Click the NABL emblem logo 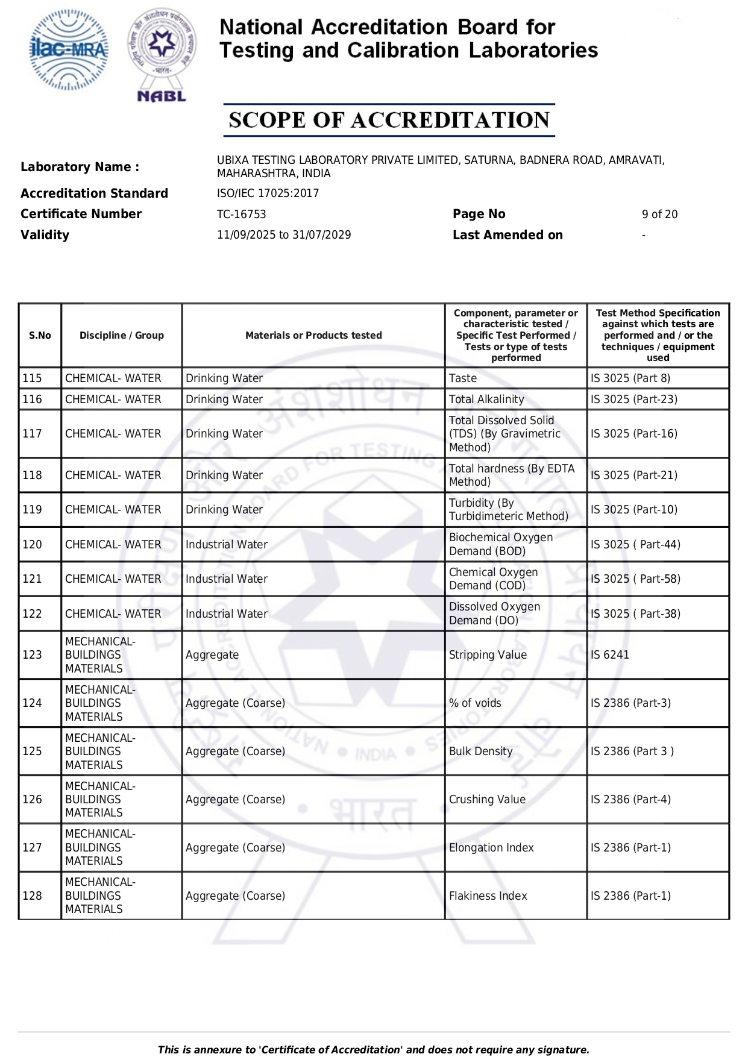click(162, 54)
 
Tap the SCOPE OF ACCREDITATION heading click(389, 120)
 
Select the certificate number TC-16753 click(241, 215)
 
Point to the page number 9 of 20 click(659, 215)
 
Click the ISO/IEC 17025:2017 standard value click(268, 193)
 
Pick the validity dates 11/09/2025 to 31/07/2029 click(284, 235)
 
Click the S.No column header click(40, 336)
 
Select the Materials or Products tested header click(313, 336)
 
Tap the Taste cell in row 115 click(463, 378)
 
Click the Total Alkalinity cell click(486, 400)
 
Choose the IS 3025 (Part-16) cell click(634, 434)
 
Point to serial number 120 click(33, 545)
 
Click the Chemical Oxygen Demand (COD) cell click(493, 579)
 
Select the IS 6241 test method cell click(610, 655)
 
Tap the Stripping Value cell click(488, 655)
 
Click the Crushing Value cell click(487, 800)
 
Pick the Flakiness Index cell click(488, 896)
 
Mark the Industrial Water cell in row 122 click(227, 614)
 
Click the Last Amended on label click(508, 235)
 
